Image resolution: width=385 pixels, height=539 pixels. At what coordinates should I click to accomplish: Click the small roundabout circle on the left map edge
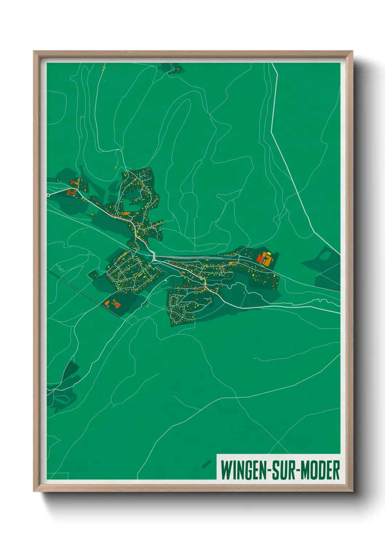(x=48, y=195)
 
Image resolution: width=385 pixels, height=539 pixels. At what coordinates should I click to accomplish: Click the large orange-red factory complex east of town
(x=265, y=258)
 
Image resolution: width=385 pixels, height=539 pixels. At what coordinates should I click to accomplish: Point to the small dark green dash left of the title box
(x=207, y=464)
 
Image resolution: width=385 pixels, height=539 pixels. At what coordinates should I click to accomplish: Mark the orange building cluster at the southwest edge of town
(x=113, y=303)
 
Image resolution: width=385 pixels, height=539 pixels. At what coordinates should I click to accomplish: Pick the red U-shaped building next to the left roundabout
(x=71, y=192)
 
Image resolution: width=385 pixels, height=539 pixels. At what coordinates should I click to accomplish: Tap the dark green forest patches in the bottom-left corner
(x=64, y=386)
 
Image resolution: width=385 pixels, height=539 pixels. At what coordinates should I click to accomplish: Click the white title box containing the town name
(x=278, y=467)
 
